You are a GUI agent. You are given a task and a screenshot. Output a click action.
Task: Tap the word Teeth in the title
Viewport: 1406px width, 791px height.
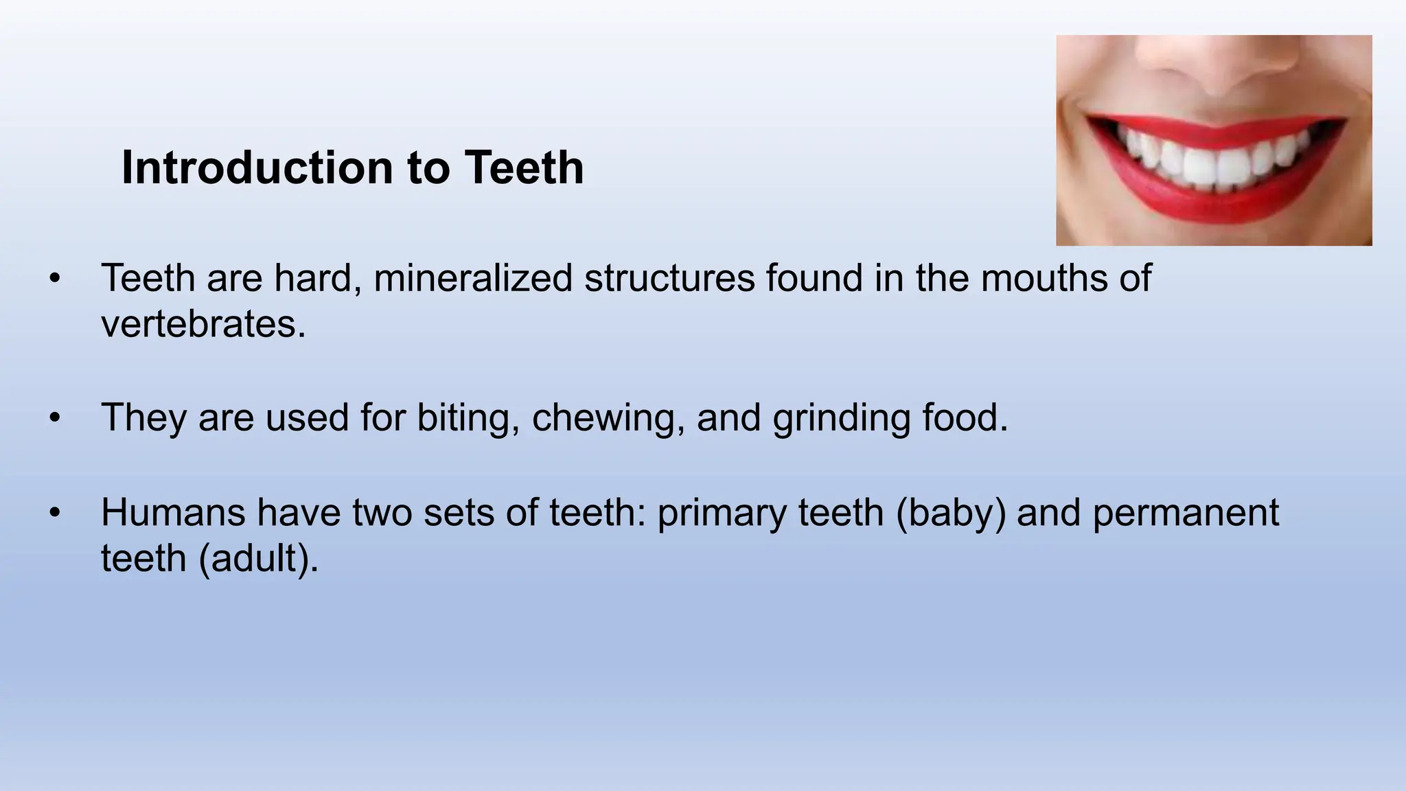pyautogui.click(x=524, y=168)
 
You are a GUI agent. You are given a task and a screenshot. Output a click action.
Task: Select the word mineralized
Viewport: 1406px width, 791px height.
pyautogui.click(x=473, y=279)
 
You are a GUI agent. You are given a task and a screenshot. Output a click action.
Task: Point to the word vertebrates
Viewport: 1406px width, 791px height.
pyautogui.click(x=203, y=324)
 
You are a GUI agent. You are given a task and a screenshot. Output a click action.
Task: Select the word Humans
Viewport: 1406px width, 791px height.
pyautogui.click(x=173, y=513)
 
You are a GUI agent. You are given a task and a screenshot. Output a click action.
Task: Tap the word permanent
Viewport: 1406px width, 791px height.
pyautogui.click(x=1186, y=513)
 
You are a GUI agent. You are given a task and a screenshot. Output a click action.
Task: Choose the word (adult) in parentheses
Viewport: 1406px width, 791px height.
pyautogui.click(x=258, y=558)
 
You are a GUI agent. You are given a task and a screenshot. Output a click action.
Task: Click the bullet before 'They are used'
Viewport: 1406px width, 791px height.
pyautogui.click(x=55, y=418)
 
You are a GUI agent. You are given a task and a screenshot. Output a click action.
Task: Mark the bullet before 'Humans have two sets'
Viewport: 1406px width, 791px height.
pyautogui.click(x=55, y=513)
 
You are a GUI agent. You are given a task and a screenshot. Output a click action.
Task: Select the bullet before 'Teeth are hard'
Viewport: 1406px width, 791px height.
pyautogui.click(x=55, y=279)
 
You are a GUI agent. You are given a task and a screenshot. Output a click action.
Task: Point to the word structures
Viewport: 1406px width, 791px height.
pyautogui.click(x=669, y=279)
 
